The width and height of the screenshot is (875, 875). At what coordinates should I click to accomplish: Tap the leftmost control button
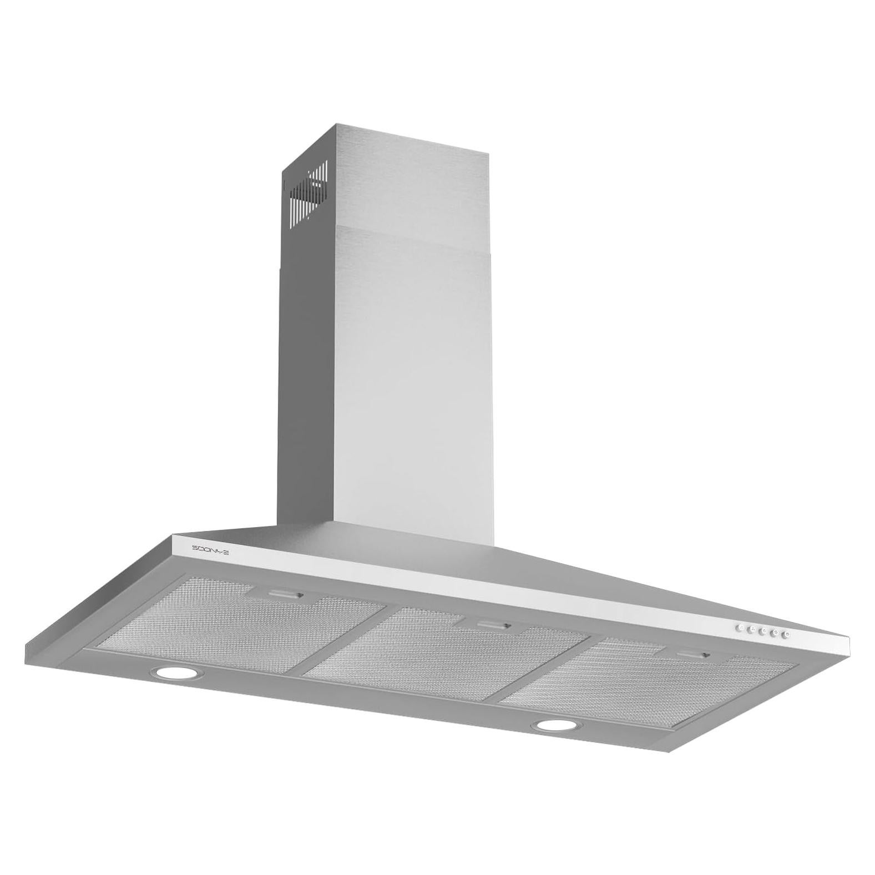(740, 628)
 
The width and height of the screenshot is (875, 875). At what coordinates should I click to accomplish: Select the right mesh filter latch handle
(694, 656)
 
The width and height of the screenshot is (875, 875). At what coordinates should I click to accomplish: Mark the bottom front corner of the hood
(672, 752)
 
